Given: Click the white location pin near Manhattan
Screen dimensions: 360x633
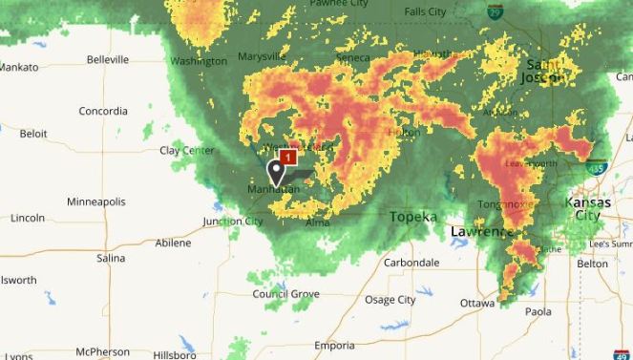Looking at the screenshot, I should pos(277,171).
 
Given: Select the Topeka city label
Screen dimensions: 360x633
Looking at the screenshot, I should pos(412,217).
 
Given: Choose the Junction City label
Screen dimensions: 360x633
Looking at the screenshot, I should pos(233,222).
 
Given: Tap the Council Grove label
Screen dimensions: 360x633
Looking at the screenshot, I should pos(285,294).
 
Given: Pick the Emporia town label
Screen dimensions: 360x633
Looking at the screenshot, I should pos(334,346).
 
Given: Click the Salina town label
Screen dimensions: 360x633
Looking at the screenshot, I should pos(111,258).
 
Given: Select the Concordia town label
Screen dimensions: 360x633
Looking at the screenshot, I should pos(103,111).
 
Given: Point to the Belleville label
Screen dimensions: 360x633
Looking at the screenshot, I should pos(108,59).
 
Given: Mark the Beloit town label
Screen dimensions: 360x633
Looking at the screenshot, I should pos(32,134).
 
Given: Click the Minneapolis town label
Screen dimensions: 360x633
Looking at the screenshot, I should pos(95,201).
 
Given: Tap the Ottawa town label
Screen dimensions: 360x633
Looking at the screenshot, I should pos(477,303).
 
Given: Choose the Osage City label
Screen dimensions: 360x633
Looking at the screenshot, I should pos(390,300).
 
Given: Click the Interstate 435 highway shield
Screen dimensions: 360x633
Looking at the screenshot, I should pos(597,168).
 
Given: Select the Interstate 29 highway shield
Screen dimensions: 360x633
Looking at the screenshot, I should pos(495,12).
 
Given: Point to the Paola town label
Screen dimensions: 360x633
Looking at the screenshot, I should pos(538,311).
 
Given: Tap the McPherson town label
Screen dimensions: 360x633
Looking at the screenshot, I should pos(103,351).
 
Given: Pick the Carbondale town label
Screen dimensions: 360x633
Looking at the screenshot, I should pos(411,262).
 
